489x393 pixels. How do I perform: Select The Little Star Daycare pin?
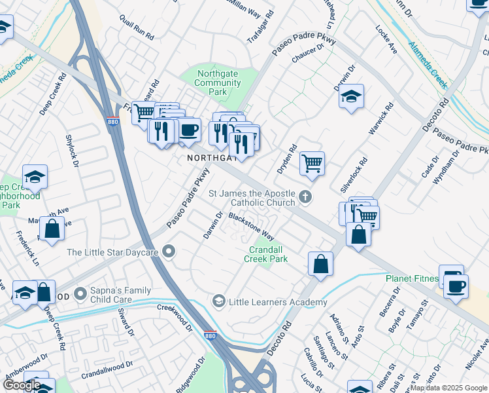point(170,252)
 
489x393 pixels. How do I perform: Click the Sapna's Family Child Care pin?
point(81,294)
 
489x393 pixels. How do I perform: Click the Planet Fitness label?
point(411,278)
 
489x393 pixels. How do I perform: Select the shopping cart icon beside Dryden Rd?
point(312,163)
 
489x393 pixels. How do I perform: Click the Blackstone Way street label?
point(250,225)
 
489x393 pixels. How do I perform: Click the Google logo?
point(22,385)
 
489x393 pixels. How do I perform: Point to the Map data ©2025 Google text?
point(448,388)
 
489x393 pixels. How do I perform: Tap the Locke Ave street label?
point(386,40)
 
